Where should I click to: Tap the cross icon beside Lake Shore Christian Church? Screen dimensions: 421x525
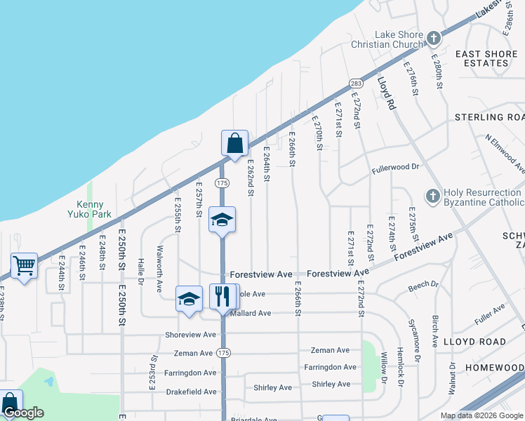tap(434, 37)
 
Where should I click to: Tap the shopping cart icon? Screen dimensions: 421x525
tap(24, 266)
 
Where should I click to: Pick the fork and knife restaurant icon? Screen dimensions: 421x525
tap(223, 295)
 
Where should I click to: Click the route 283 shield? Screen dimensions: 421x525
tap(356, 83)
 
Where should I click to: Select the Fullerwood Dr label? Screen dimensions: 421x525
tap(395, 167)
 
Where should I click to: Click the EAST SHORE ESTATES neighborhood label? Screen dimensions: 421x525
tap(481, 58)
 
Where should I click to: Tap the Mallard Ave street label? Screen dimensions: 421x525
tap(251, 314)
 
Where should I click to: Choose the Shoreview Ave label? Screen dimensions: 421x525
tap(190, 335)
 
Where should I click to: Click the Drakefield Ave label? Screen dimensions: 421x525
tap(191, 392)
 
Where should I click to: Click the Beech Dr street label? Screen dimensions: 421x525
tap(423, 285)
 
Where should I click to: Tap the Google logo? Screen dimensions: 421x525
tap(23, 413)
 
